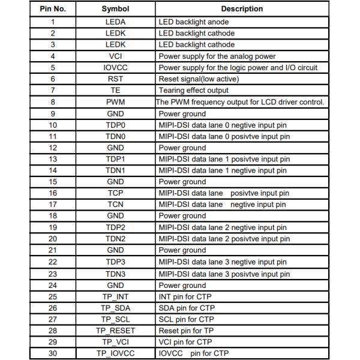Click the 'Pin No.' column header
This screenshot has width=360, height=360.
(x=53, y=9)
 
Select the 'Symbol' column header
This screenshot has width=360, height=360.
(x=115, y=9)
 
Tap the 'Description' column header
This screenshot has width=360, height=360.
(x=242, y=9)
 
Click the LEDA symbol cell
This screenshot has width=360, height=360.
(x=115, y=22)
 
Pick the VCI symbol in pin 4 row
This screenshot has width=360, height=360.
(x=115, y=56)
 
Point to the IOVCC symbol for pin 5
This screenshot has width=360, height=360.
(x=115, y=67)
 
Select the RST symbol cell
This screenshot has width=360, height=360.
(x=115, y=79)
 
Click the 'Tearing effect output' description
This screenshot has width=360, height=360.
(x=194, y=90)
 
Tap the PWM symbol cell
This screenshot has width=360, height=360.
(x=115, y=102)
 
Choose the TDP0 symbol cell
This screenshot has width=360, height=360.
(x=115, y=125)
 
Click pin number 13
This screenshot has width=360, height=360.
(x=53, y=159)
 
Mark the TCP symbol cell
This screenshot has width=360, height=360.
(x=115, y=193)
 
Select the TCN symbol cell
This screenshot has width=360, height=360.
(x=115, y=205)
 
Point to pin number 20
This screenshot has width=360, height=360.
(x=53, y=239)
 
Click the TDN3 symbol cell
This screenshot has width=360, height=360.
(x=115, y=273)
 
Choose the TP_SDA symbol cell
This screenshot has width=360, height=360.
(x=115, y=308)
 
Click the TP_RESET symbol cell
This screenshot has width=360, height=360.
(x=115, y=331)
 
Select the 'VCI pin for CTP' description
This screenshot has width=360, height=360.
(x=185, y=342)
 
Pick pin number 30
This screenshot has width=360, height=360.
(x=53, y=353)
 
